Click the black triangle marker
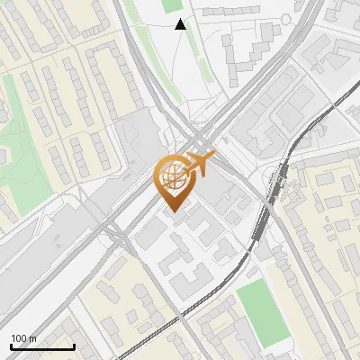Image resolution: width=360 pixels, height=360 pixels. pyautogui.click(x=181, y=24)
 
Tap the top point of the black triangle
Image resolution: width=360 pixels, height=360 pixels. pyautogui.click(x=181, y=19)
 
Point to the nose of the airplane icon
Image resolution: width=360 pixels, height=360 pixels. pyautogui.click(x=214, y=157)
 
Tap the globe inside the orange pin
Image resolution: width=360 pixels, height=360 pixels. pyautogui.click(x=171, y=175)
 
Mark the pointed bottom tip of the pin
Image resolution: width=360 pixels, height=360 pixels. pyautogui.click(x=173, y=211)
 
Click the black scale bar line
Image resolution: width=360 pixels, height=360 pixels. pyautogui.click(x=42, y=347)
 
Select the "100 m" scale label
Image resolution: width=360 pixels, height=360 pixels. pyautogui.click(x=24, y=338)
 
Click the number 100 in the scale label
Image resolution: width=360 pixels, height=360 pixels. pyautogui.click(x=20, y=338)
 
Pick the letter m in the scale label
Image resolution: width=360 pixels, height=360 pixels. pyautogui.click(x=33, y=338)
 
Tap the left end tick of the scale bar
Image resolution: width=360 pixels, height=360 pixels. pyautogui.click(x=11, y=346)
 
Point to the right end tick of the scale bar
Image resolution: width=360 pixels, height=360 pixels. pyautogui.click(x=74, y=346)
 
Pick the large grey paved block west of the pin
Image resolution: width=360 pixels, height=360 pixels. pyautogui.click(x=135, y=144)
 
